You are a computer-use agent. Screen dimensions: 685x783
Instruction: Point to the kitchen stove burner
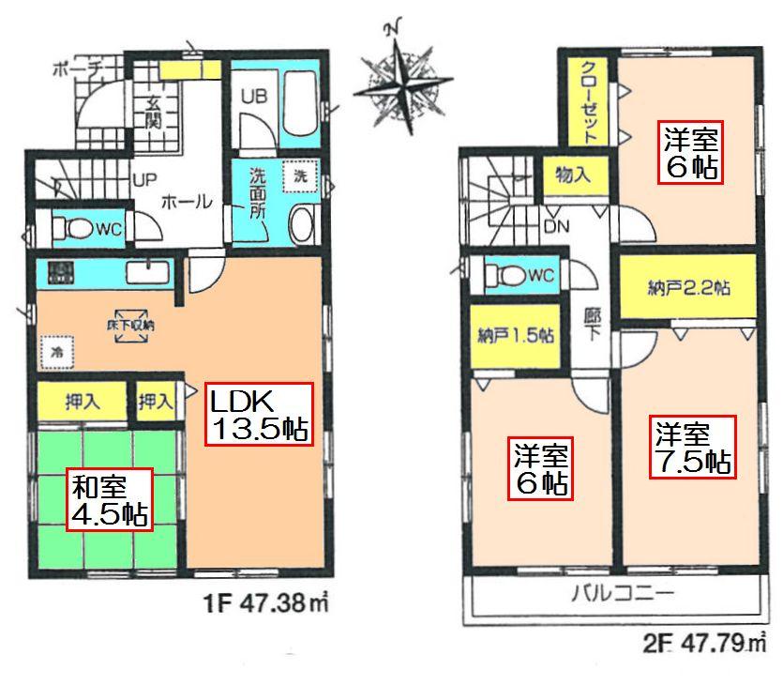62,274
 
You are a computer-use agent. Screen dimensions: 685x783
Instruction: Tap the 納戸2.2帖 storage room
687,288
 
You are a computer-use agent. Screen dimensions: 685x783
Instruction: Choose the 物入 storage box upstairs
572,175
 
